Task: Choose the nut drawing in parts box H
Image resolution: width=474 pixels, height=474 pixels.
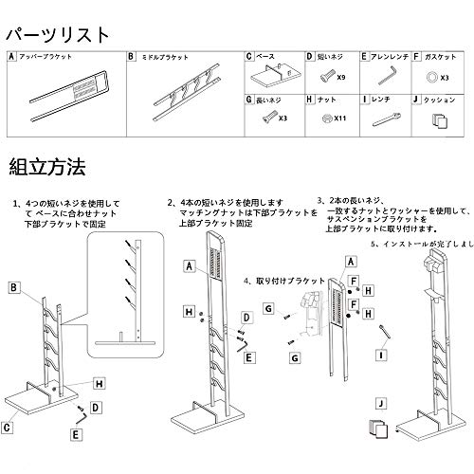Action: point(324,119)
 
